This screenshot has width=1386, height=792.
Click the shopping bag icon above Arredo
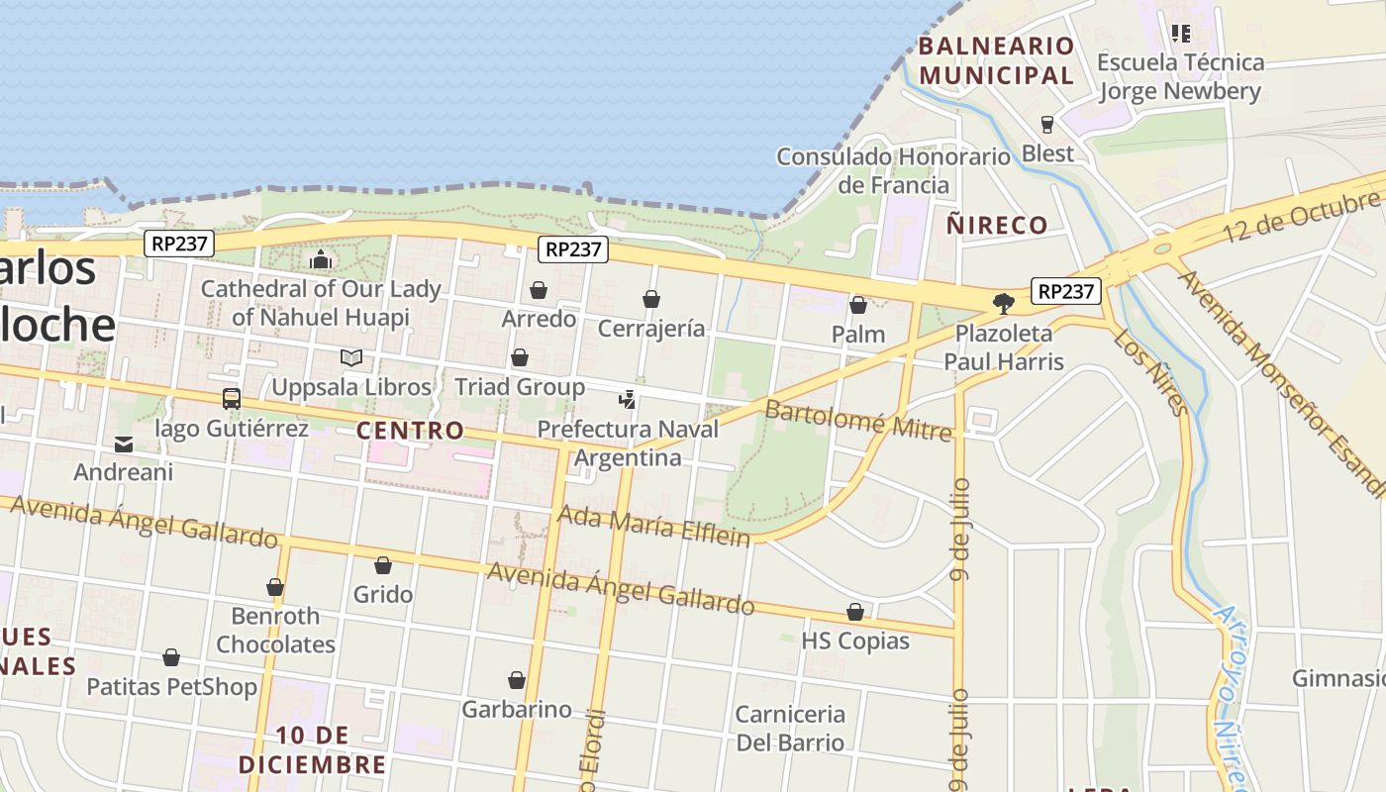[539, 290]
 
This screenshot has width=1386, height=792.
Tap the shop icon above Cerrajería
[651, 299]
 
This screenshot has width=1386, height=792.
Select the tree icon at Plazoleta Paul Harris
[1004, 303]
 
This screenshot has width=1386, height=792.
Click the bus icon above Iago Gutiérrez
[232, 399]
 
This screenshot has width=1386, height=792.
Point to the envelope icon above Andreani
[124, 444]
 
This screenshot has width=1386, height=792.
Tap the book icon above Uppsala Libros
[351, 357]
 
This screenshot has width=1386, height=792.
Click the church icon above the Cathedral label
[321, 259]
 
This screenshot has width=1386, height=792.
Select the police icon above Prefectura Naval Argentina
[627, 400]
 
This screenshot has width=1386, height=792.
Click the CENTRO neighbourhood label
[410, 431]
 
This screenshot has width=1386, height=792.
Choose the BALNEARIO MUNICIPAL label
[996, 60]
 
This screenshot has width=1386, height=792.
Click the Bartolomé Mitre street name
[857, 420]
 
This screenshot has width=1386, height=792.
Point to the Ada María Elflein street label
[653, 525]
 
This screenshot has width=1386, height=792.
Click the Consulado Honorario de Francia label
[893, 170]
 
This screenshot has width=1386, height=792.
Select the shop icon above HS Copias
[855, 613]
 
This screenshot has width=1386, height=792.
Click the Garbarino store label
[517, 709]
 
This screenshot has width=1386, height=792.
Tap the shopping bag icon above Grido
[383, 565]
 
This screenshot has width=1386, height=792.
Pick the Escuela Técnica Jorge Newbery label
[1180, 76]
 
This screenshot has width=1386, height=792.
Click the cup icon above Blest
[1047, 125]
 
